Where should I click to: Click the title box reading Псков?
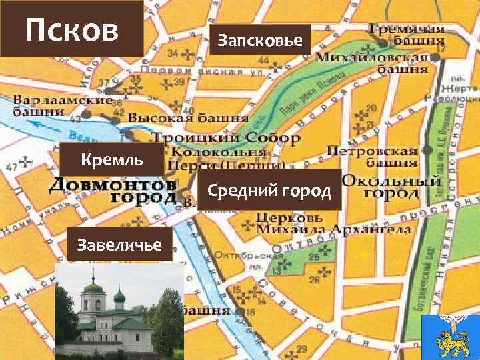[71, 29]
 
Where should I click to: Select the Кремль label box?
[111, 160]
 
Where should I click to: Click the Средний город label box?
[269, 191]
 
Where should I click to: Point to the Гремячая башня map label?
[407, 35]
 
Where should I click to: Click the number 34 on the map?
[173, 54]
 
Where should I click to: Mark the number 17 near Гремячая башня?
[441, 49]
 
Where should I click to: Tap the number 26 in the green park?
[314, 280]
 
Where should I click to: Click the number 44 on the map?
[264, 61]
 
